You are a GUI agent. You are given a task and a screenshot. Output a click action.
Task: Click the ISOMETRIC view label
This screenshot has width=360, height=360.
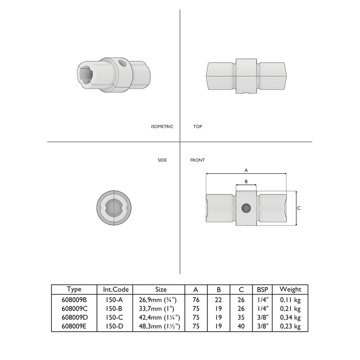click(162, 127)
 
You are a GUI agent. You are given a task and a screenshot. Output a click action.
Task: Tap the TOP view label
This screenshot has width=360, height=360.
click(197, 127)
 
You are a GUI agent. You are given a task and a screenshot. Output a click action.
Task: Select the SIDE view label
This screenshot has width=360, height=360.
click(162, 160)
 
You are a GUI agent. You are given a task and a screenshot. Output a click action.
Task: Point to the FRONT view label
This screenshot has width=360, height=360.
click(198, 160)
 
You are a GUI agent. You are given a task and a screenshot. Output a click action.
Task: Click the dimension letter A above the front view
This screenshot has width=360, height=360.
click(246, 170)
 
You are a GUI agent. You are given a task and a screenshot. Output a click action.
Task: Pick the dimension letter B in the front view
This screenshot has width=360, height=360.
click(246, 181)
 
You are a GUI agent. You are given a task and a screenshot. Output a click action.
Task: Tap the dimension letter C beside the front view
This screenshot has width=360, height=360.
click(299, 208)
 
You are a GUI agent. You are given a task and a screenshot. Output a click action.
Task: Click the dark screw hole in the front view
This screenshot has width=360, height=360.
click(246, 208)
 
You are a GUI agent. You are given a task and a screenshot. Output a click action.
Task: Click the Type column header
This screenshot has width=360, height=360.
click(74, 289)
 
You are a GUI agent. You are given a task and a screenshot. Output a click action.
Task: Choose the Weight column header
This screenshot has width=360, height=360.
click(291, 289)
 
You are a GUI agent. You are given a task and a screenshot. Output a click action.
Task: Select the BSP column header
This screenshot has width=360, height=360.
click(263, 289)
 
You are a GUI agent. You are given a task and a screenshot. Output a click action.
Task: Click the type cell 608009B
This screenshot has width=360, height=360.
click(74, 300)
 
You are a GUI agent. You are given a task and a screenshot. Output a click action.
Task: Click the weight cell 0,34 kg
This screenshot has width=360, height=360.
click(291, 318)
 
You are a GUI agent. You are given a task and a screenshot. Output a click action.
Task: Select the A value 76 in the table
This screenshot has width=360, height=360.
click(196, 300)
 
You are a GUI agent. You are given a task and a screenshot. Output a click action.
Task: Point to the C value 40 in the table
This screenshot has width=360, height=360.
click(240, 326)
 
